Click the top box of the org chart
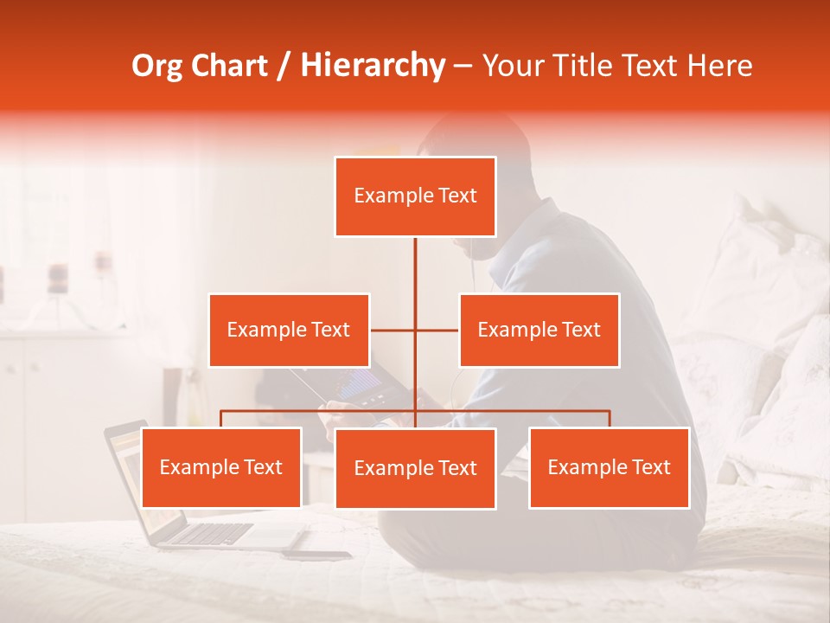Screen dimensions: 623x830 (415, 196)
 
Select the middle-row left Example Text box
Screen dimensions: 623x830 (289, 330)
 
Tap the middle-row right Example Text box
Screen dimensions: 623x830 (539, 330)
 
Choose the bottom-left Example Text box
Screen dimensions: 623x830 (221, 467)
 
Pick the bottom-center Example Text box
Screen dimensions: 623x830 (415, 468)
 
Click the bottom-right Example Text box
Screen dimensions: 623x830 (609, 467)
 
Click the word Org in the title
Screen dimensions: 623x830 (156, 66)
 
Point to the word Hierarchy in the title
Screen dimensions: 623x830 (373, 66)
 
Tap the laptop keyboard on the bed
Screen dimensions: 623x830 (207, 533)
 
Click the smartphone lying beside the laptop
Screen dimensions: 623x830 (316, 555)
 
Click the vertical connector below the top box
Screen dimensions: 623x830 (415, 264)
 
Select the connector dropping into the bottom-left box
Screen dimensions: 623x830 (221, 419)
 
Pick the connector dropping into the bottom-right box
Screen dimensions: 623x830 (610, 419)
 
